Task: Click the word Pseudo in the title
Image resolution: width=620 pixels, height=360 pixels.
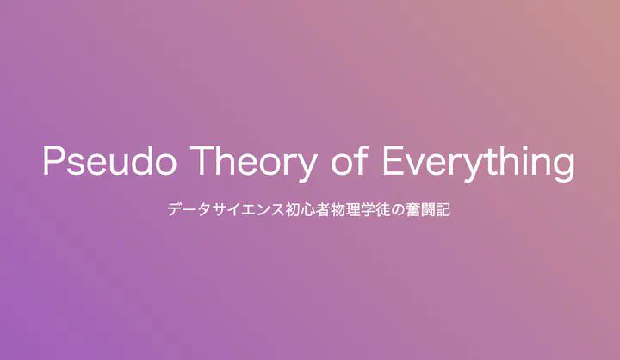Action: [109, 160]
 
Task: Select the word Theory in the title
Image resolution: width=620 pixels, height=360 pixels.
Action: [252, 163]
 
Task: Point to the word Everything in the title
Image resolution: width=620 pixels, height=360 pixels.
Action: [479, 163]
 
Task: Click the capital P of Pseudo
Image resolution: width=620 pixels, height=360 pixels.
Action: [53, 160]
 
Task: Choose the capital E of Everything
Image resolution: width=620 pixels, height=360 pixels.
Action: [393, 160]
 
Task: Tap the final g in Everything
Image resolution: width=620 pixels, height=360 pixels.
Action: [564, 168]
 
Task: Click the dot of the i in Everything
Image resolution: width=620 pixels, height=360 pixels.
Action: [524, 147]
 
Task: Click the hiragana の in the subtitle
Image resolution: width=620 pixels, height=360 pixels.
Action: [398, 209]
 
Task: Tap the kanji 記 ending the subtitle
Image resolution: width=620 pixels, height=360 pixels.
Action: [443, 209]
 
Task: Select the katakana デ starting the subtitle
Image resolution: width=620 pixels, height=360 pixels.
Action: [175, 209]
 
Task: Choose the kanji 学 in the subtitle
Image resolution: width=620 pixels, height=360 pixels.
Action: [368, 209]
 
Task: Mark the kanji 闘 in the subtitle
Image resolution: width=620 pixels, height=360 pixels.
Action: [428, 209]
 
